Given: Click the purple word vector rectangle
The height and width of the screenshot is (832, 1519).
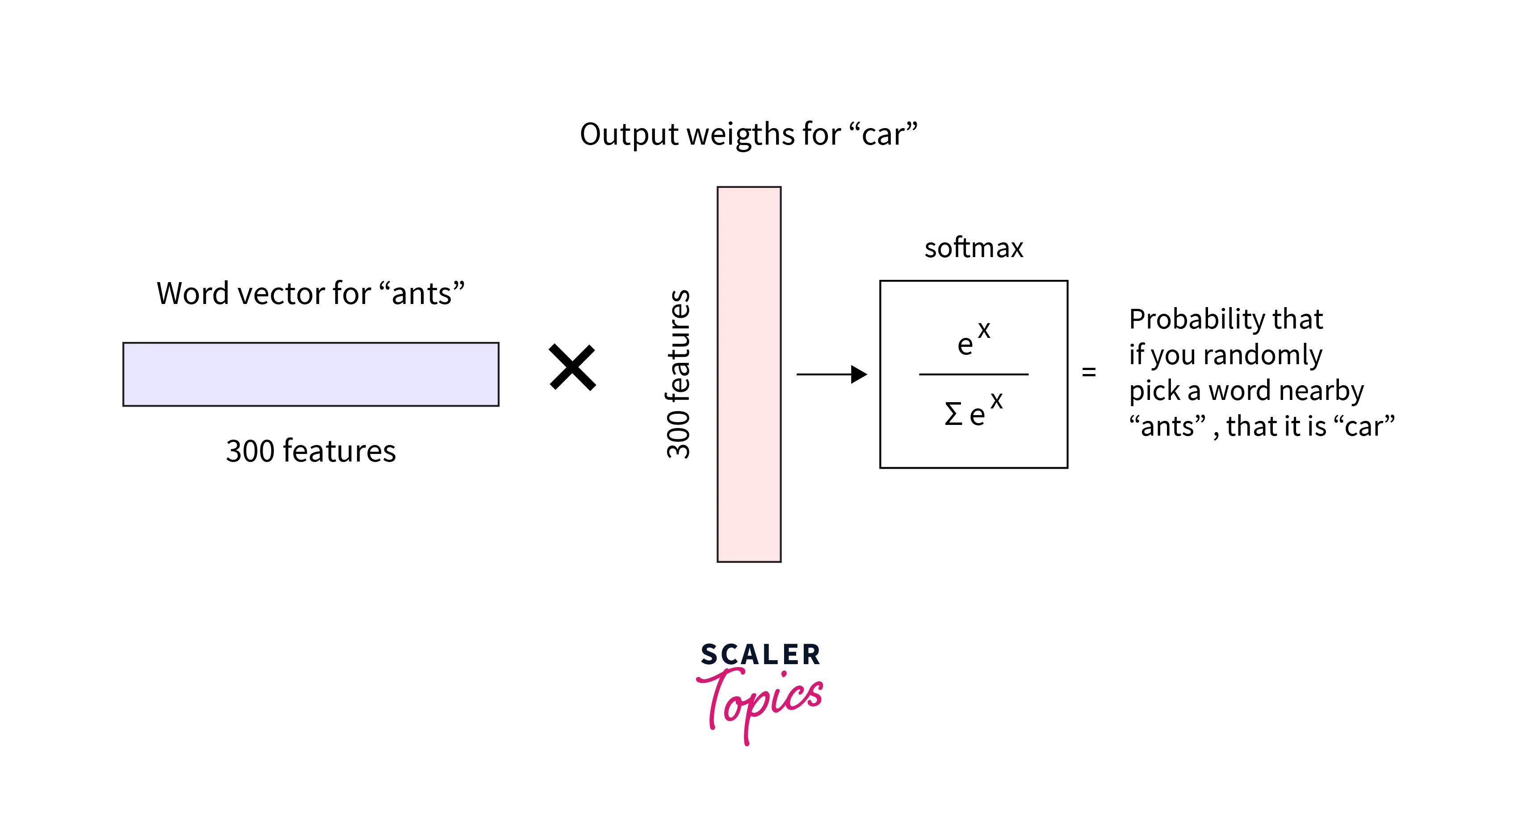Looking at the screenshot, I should click(311, 374).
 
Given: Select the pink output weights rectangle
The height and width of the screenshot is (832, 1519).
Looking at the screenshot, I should click(749, 374).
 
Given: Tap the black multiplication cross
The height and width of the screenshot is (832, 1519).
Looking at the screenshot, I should click(572, 368).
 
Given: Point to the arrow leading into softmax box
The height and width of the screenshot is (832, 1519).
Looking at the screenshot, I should click(831, 374).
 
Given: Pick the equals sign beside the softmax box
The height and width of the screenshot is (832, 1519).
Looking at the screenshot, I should click(1088, 372).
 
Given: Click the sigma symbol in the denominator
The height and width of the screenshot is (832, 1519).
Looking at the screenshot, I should click(953, 414).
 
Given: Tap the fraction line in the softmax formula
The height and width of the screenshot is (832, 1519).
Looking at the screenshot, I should click(974, 374).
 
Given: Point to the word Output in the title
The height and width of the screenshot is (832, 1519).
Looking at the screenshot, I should click(629, 134).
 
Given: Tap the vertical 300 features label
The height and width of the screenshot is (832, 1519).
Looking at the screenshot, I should click(678, 374).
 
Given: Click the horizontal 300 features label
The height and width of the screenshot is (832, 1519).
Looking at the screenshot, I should click(311, 451).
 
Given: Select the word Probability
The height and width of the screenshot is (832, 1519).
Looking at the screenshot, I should click(1196, 320).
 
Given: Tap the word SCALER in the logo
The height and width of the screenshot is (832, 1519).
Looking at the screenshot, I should click(760, 655).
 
